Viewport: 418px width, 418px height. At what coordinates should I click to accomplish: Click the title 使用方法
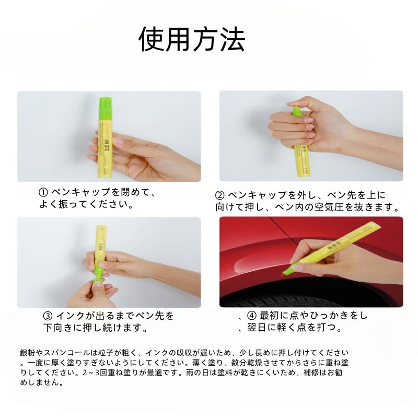(x=191, y=39)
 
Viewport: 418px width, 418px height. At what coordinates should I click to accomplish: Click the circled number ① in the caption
(x=44, y=192)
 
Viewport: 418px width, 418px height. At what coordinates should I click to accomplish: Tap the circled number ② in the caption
(x=220, y=195)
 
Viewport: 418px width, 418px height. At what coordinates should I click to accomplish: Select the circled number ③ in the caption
(x=48, y=316)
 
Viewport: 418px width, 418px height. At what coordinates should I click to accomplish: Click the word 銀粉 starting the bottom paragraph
(x=26, y=354)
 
